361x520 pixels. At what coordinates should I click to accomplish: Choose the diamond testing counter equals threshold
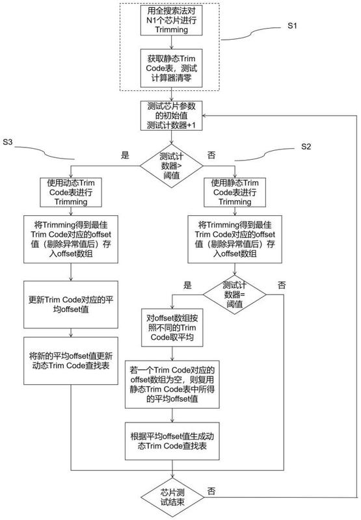pyautogui.click(x=234, y=292)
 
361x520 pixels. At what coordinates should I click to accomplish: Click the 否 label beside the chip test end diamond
pyautogui.click(x=211, y=489)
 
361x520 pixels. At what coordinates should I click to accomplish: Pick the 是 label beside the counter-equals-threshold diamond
pyautogui.click(x=188, y=285)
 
